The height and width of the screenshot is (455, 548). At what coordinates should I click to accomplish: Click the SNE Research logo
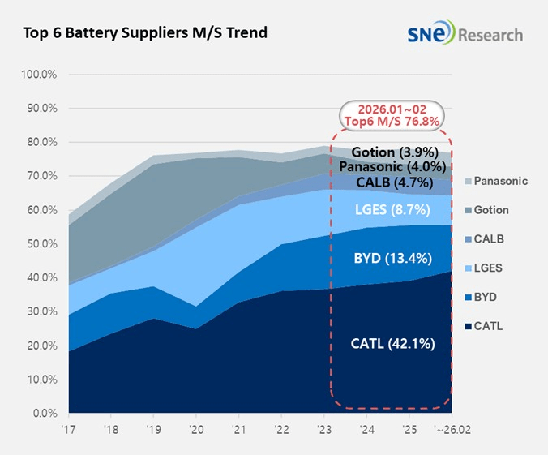coord(466,34)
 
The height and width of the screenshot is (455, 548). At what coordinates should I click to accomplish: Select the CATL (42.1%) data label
coord(393,344)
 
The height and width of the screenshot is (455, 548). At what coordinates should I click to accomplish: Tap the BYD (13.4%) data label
coord(393,259)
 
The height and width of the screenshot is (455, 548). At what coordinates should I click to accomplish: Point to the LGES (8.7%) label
coord(393,210)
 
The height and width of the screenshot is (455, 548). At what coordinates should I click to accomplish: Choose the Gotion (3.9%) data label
coord(395,152)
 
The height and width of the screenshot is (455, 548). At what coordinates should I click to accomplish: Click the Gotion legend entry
coord(490,210)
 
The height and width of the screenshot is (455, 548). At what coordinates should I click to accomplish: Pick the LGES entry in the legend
coord(487,268)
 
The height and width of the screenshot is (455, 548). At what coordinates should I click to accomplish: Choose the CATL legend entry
coord(486,327)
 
